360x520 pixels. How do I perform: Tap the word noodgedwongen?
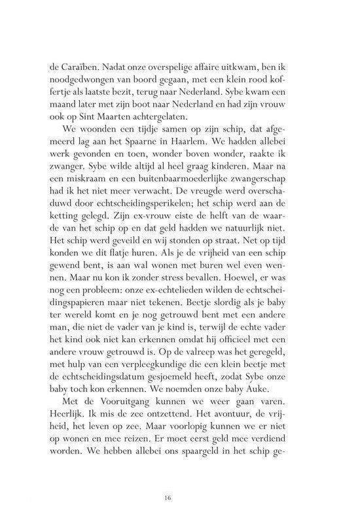click(82, 78)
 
